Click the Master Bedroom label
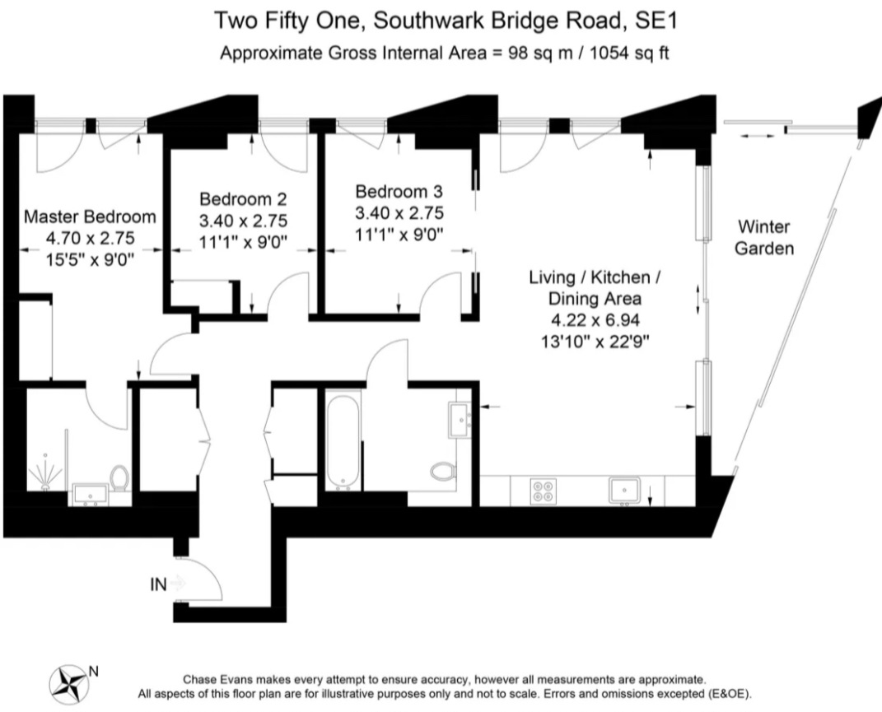[90, 217]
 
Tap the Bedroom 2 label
[243, 199]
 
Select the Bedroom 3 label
[399, 192]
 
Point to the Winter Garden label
[763, 236]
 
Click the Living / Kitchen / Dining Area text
[595, 288]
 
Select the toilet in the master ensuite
[120, 477]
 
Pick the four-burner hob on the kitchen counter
[544, 491]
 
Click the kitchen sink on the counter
[629, 491]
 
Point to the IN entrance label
[158, 584]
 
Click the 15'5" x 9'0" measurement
[90, 258]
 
